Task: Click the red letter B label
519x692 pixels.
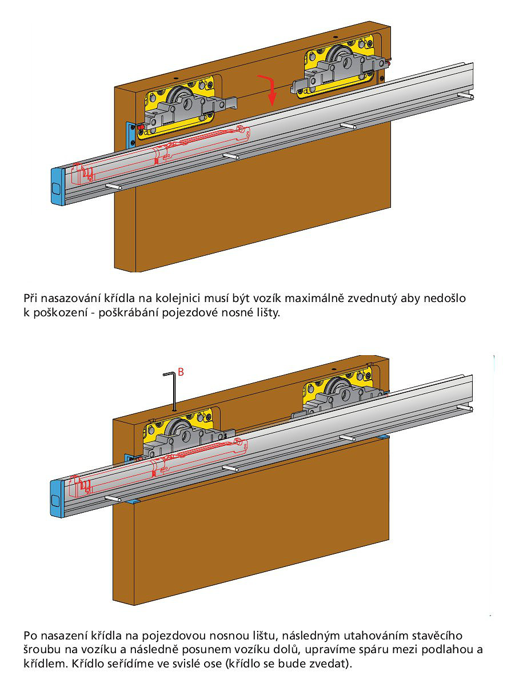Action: [181, 372]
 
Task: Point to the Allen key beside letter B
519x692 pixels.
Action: [170, 392]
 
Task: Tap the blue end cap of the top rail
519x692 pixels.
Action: [58, 187]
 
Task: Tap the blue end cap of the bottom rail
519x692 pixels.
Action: [57, 499]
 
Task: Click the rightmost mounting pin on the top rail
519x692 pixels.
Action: [465, 96]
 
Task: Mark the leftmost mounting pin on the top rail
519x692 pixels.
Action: [114, 187]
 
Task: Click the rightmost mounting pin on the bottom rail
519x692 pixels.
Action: [465, 408]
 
